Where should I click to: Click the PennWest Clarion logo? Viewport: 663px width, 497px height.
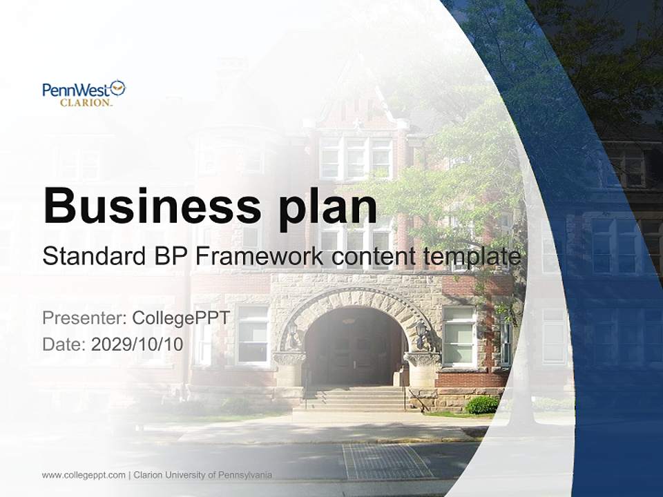pos(84,93)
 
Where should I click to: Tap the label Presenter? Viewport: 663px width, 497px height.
pos(84,318)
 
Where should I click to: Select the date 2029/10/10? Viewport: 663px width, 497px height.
pos(137,344)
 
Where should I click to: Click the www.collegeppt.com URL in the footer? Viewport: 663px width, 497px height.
pos(84,475)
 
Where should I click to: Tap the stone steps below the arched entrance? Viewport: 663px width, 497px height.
pos(354,399)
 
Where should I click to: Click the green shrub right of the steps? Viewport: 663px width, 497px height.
pos(482,405)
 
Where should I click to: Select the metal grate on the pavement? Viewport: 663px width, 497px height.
pos(387,461)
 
